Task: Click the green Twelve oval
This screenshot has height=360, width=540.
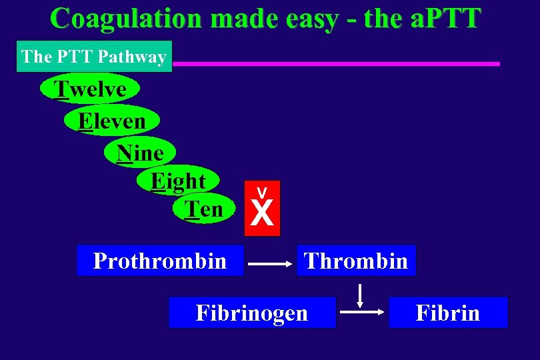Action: (90, 89)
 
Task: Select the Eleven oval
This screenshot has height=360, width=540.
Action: (112, 121)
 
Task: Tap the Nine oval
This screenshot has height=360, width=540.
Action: (140, 153)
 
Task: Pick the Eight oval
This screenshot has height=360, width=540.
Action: (178, 181)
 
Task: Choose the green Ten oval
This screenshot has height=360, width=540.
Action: (204, 209)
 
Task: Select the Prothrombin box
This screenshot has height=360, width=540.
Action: (160, 261)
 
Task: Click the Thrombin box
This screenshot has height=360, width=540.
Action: (356, 261)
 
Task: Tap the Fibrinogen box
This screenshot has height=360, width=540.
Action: (252, 313)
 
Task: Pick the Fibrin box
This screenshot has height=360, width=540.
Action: (448, 313)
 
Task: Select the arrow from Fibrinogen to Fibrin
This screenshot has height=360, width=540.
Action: (362, 311)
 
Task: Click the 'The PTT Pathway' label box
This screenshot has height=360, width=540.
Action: (94, 57)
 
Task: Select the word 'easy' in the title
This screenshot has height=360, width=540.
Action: (314, 19)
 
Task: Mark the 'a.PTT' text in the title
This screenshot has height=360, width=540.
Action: (441, 19)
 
